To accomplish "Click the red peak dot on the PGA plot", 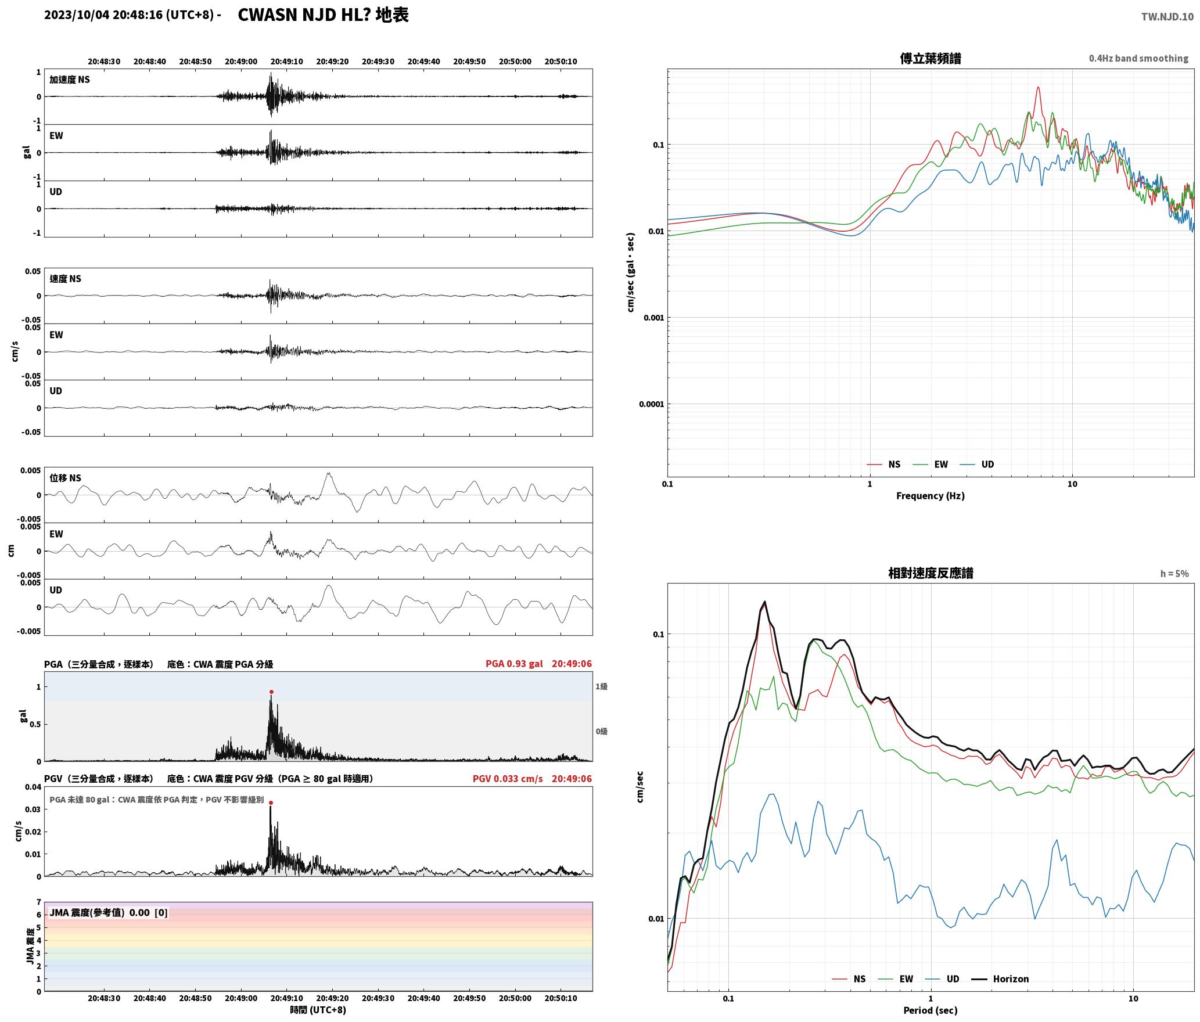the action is coord(271,692).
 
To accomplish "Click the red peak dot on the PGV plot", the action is coord(271,803).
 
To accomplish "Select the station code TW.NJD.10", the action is coord(1167,16).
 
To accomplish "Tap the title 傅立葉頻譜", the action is coord(930,58).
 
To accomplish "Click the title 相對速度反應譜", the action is coord(930,573).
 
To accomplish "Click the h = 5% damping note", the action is coord(1174,574).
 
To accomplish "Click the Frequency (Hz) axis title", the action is coord(930,496).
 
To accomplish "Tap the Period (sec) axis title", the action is coord(930,1010).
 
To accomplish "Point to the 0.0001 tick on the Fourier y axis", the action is coord(651,404).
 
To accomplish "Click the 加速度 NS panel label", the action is coord(70,80).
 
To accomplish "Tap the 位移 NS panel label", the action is coord(66,478).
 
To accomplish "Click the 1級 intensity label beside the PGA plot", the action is coord(601,686).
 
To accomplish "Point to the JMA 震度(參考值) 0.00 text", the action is coord(99,912).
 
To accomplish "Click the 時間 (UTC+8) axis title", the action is coord(318,1010).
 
